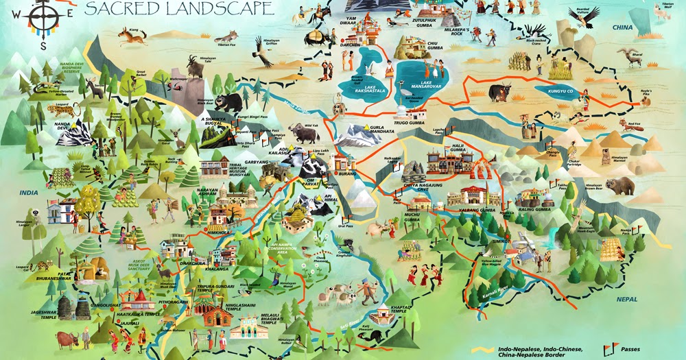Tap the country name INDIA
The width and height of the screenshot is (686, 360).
[29, 193]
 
